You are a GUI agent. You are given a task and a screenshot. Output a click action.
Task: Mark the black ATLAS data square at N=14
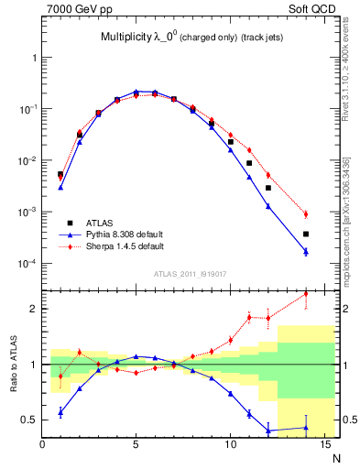[x=305, y=234]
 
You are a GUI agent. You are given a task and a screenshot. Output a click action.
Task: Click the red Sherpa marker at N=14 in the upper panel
[x=305, y=214]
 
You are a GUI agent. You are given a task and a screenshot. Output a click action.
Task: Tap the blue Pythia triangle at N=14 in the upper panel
[x=305, y=251]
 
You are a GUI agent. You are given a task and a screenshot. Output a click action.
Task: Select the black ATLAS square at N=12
[x=267, y=188]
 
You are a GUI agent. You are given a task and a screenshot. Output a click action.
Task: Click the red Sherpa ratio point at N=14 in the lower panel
[x=305, y=294]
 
